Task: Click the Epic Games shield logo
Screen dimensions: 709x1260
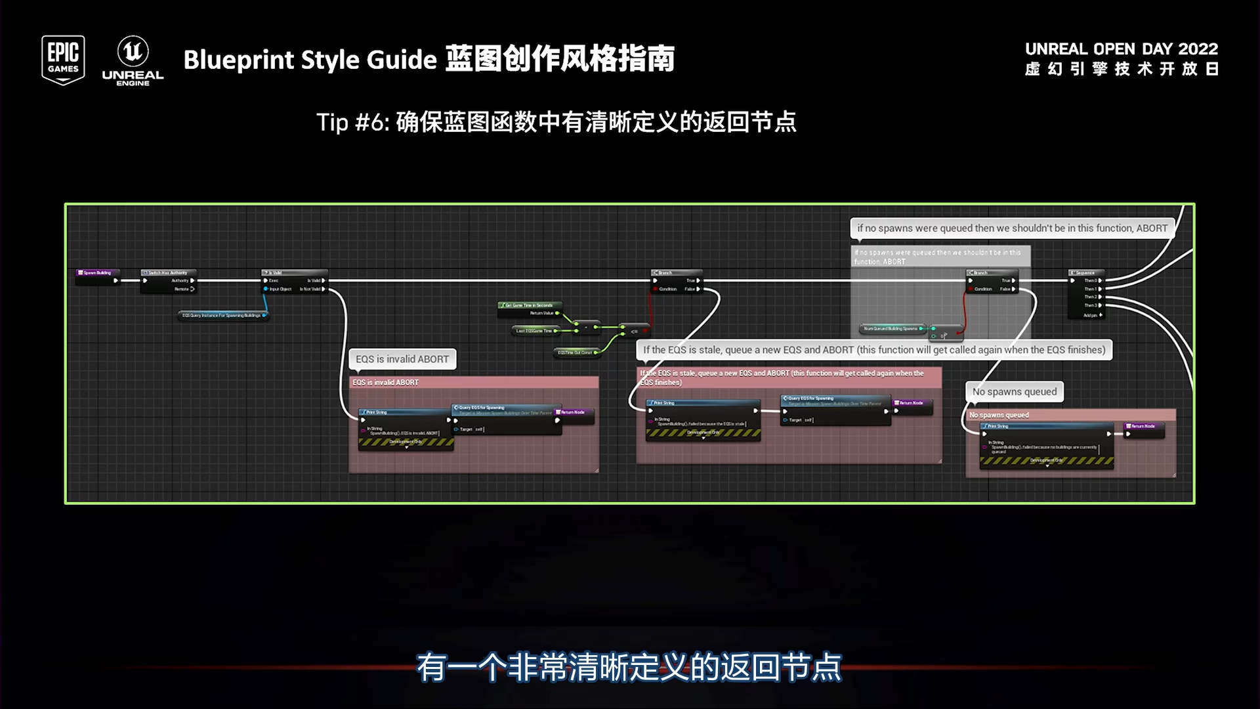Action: coord(63,60)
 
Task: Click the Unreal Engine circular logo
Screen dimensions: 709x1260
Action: coord(133,52)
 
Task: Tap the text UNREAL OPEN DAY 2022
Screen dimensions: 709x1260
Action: coord(1121,49)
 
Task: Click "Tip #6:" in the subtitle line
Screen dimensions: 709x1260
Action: coord(353,122)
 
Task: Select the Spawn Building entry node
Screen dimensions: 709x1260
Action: coord(96,273)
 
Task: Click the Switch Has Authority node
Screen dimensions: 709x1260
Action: coord(169,273)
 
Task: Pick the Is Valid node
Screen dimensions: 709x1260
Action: coord(293,273)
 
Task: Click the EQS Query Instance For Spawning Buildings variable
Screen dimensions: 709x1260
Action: coord(222,316)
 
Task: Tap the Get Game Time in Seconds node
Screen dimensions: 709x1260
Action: coord(529,305)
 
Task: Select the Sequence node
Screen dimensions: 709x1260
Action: coord(1086,273)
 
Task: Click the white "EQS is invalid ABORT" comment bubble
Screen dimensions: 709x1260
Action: coord(402,359)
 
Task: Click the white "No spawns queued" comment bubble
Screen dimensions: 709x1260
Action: coord(1015,392)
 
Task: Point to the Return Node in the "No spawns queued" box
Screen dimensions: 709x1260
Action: coord(1143,427)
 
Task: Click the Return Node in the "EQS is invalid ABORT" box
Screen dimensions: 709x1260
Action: coord(573,412)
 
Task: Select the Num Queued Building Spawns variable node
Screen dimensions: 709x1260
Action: coord(891,328)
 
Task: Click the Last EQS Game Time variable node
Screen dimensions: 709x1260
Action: coord(534,331)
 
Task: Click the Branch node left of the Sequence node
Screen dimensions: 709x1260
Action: coord(991,273)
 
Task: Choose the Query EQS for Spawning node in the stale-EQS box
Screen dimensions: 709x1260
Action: coord(833,398)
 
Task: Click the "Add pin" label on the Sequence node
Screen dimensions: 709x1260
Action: coord(1091,315)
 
